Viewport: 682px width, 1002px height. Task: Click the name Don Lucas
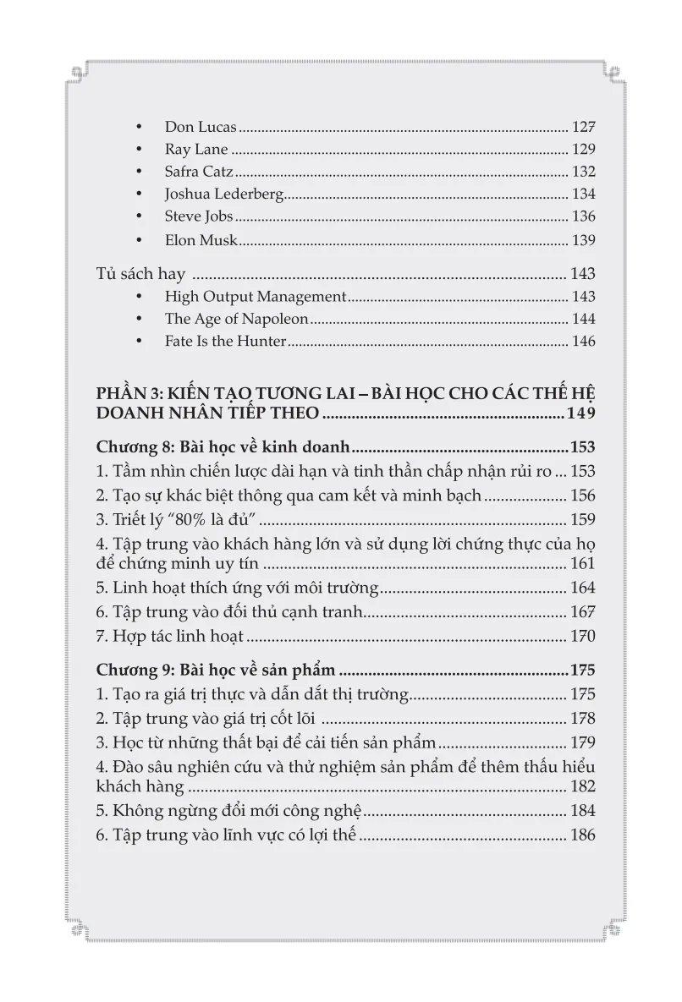click(x=201, y=127)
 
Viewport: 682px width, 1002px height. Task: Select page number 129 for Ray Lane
click(x=583, y=150)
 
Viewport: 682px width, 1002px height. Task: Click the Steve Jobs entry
click(x=199, y=217)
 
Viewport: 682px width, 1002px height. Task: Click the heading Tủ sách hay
click(x=139, y=274)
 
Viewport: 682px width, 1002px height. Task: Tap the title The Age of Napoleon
click(x=237, y=320)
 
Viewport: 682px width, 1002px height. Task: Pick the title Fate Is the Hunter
click(x=226, y=342)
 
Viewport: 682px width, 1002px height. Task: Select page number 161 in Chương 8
click(x=583, y=564)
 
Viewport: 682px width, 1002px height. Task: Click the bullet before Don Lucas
click(x=140, y=128)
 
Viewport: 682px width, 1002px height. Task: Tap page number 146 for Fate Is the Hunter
click(x=583, y=342)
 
